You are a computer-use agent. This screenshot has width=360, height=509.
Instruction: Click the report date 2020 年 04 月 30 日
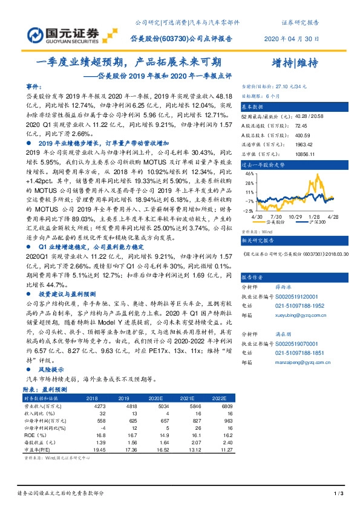click(x=292, y=39)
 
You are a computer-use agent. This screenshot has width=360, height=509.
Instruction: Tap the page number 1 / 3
click(x=339, y=494)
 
